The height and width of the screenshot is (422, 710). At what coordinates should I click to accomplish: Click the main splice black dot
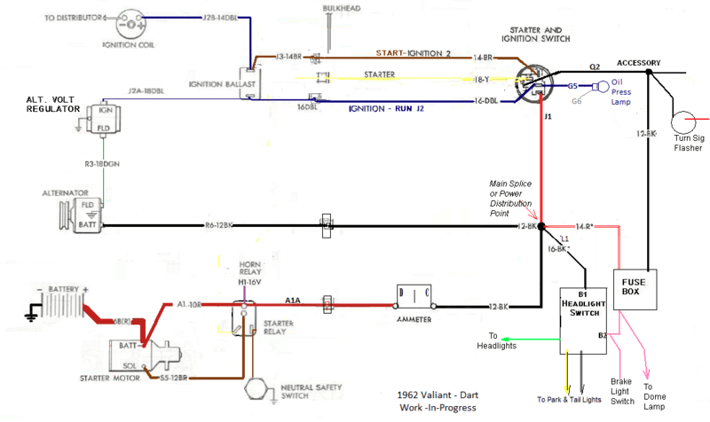coord(540,227)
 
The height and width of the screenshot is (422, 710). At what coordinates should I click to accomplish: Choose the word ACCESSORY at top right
coord(639,62)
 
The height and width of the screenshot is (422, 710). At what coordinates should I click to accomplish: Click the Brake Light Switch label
coord(621,391)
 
